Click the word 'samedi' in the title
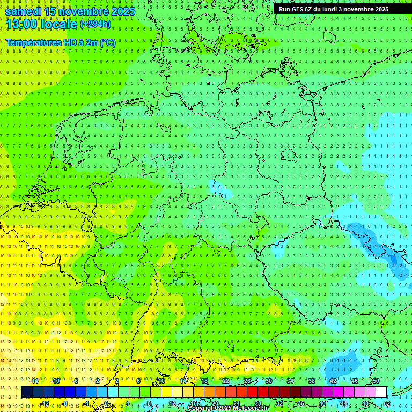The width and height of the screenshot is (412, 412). click(x=23, y=11)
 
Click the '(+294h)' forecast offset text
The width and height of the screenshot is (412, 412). click(x=95, y=24)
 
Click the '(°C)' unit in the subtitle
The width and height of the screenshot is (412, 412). click(x=107, y=42)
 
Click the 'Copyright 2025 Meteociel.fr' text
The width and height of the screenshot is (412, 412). click(x=227, y=408)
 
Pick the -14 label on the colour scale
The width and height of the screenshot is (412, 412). click(x=34, y=381)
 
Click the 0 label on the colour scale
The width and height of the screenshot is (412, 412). click(x=106, y=403)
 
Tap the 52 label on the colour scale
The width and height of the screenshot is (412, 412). click(x=387, y=403)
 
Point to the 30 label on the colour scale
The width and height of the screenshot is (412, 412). click(x=268, y=381)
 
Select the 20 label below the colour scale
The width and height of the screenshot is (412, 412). click(x=215, y=403)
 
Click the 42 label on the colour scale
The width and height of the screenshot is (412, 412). click(x=333, y=381)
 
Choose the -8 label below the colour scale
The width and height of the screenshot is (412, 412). click(x=65, y=403)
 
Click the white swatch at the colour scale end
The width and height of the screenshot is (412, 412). click(x=381, y=392)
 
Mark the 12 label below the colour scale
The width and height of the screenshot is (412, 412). click(x=172, y=403)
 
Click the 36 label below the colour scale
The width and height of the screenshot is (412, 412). click(x=300, y=403)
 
